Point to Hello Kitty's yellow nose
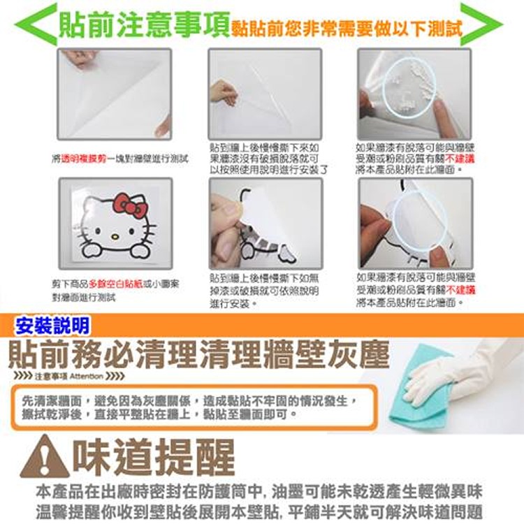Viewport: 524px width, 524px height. [x=116, y=233]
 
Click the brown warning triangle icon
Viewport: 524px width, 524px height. [x=45, y=458]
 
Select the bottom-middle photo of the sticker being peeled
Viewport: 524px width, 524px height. [x=265, y=223]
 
